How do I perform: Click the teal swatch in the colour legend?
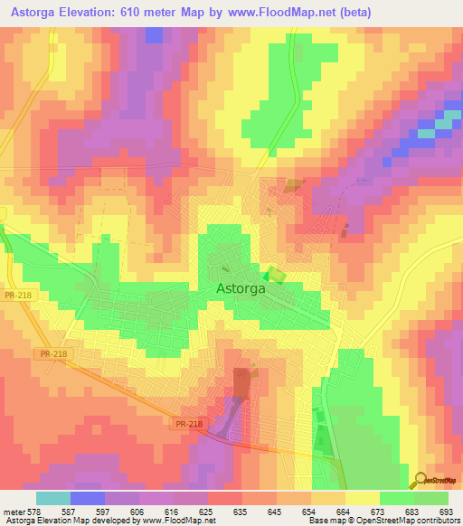52,498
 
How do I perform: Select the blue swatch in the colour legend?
87,498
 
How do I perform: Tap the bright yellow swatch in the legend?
363,498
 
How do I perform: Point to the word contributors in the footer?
437,520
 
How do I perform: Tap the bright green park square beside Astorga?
274,276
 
